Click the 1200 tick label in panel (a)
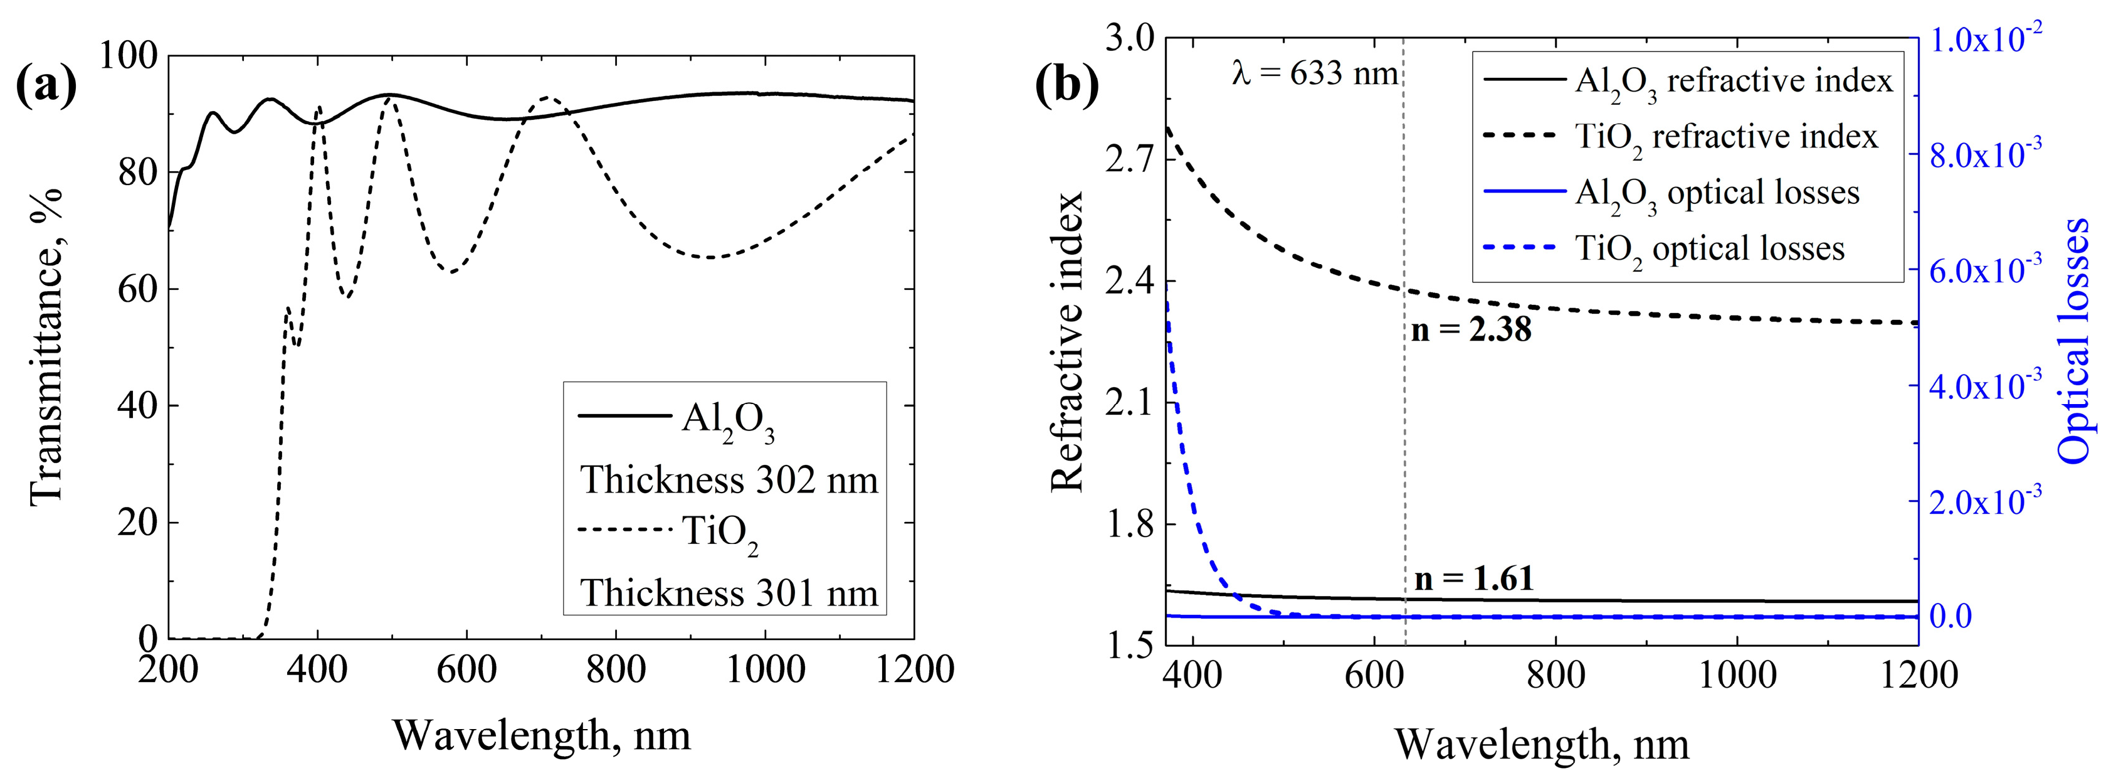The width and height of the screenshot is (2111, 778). pos(913,671)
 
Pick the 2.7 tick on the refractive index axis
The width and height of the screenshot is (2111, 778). pos(1130,158)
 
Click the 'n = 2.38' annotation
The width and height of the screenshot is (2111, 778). pos(1471,329)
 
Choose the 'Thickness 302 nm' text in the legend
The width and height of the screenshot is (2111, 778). pos(729,479)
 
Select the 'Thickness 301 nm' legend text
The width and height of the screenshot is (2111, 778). pos(729,592)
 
